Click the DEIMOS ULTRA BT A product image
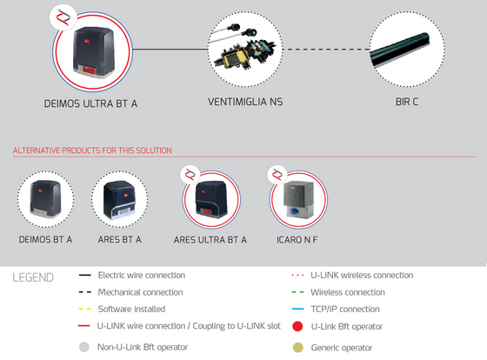click(x=94, y=52)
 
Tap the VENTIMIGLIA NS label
click(x=245, y=102)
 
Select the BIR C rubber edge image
click(x=400, y=50)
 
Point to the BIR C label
click(x=407, y=102)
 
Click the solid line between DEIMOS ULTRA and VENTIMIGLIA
click(x=170, y=49)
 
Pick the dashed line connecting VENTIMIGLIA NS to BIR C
click(x=326, y=49)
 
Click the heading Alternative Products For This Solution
click(x=92, y=150)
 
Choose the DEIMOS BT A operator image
click(x=45, y=198)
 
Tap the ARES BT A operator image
click(x=120, y=200)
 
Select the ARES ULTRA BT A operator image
click(x=211, y=199)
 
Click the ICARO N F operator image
click(x=298, y=200)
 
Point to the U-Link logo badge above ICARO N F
click(x=277, y=175)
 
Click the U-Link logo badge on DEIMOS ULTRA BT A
click(x=63, y=17)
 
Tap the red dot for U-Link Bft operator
click(x=297, y=326)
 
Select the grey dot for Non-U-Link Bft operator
click(x=84, y=347)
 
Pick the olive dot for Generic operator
click(x=297, y=348)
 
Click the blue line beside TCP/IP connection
click(x=297, y=309)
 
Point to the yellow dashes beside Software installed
click(x=85, y=309)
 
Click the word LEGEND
click(x=33, y=277)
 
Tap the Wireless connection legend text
click(x=348, y=292)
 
